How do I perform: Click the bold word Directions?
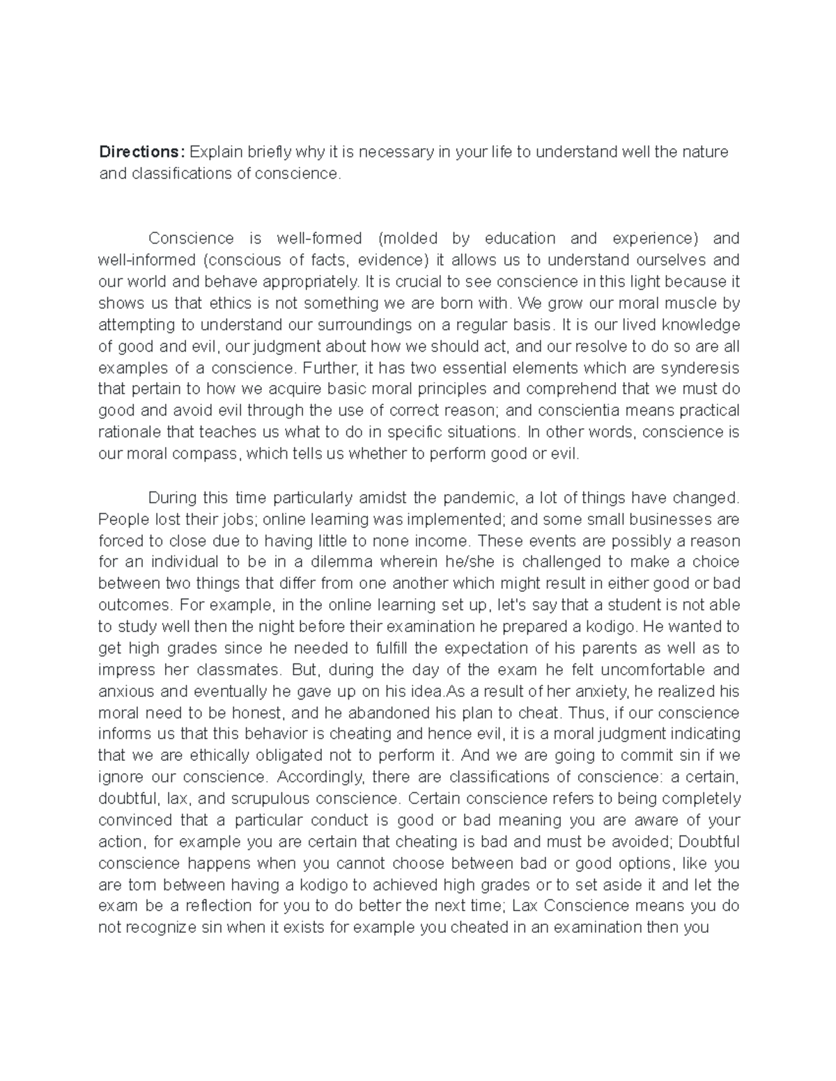143,152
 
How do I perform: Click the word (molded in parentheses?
408,239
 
